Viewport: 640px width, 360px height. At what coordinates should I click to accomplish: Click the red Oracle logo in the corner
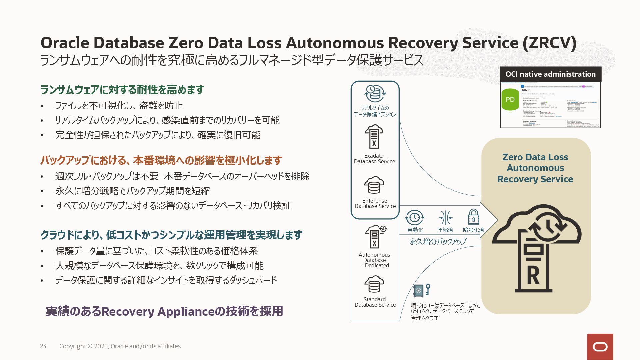click(x=600, y=347)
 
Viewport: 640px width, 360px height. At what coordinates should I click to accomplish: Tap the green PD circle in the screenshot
click(x=510, y=99)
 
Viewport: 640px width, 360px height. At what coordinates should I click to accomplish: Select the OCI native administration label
click(x=550, y=74)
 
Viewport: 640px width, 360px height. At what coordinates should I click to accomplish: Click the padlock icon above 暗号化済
click(x=473, y=217)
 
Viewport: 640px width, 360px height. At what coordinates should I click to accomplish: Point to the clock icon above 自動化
click(x=414, y=218)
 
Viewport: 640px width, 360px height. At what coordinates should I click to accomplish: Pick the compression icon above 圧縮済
click(x=445, y=218)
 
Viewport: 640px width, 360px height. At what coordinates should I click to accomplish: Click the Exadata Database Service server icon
click(x=374, y=137)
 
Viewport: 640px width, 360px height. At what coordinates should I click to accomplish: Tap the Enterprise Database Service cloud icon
click(x=374, y=185)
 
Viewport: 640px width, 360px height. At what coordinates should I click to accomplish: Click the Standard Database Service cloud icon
click(x=374, y=284)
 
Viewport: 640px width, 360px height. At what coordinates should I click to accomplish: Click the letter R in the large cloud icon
click(x=533, y=275)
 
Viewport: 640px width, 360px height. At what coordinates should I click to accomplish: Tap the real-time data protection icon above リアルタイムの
click(x=375, y=93)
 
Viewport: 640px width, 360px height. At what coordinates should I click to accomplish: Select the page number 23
click(x=43, y=346)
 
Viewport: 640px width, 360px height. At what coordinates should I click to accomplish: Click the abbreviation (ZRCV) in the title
click(x=549, y=43)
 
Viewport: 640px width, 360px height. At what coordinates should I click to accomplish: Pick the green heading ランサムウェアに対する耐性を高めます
click(x=122, y=90)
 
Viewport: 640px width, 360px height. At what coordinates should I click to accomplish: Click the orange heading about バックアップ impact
click(x=161, y=160)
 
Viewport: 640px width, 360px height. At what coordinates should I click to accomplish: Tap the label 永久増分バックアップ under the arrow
click(x=437, y=241)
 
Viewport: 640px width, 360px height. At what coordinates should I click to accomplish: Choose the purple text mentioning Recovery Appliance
click(x=164, y=311)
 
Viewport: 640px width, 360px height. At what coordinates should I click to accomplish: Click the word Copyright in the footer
click(x=72, y=346)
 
